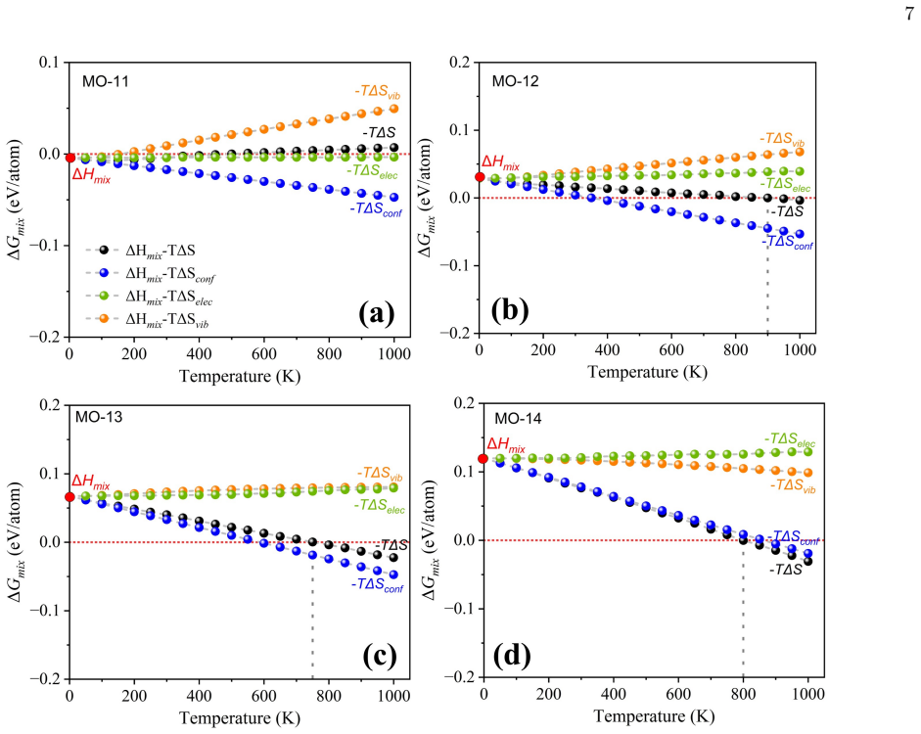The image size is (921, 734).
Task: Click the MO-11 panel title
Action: tap(105, 81)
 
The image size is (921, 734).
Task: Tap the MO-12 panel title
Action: tap(515, 81)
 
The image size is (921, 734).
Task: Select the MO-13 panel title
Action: tap(99, 417)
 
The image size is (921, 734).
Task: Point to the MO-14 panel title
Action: tap(518, 419)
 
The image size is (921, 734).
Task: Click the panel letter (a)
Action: tap(377, 313)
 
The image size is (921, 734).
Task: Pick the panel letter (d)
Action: tap(512, 656)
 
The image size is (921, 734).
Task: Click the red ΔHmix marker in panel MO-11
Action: tap(69, 158)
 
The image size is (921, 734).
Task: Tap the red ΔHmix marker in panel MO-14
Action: tap(483, 459)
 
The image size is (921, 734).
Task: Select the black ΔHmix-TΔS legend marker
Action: tap(104, 251)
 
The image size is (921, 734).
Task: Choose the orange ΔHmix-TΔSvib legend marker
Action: tap(104, 318)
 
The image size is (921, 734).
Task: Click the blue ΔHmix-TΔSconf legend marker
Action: tap(104, 272)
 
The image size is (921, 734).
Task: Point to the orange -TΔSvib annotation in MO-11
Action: tap(378, 92)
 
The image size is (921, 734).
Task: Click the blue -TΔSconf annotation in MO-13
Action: tap(377, 585)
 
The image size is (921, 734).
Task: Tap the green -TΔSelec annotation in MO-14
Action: tap(790, 439)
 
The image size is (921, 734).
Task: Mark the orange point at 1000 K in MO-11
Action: tap(394, 109)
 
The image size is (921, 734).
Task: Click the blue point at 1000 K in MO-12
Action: tap(800, 234)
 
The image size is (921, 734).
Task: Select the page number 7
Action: tap(909, 14)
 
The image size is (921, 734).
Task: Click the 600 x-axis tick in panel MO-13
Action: tap(263, 697)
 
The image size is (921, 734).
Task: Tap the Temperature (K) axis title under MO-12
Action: tap(648, 372)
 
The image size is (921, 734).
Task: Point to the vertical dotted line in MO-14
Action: tap(743, 609)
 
